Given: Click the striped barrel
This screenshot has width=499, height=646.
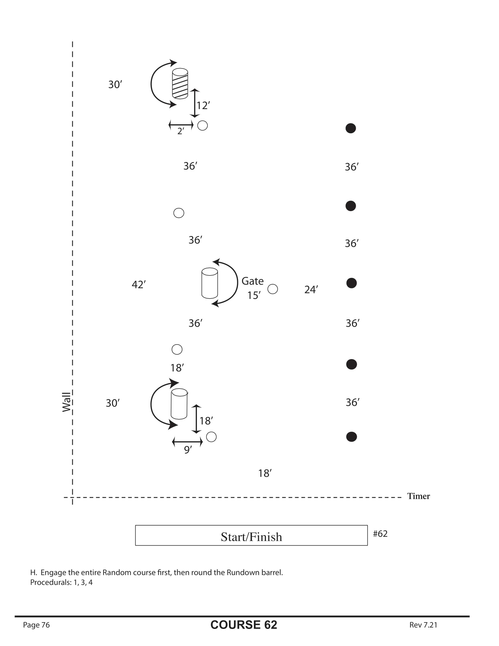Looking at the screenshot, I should pyautogui.click(x=180, y=83).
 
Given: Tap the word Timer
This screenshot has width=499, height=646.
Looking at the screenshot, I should pyautogui.click(x=418, y=496).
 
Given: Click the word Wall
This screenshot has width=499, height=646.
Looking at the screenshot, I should pyautogui.click(x=67, y=402).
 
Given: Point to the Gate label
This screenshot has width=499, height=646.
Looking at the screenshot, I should pyautogui.click(x=252, y=281).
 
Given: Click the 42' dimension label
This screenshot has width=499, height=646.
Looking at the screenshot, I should pyautogui.click(x=139, y=285).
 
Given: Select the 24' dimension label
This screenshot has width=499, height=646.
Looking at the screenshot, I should pyautogui.click(x=311, y=290).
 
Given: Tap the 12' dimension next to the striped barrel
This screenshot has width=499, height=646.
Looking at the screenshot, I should pyautogui.click(x=203, y=105).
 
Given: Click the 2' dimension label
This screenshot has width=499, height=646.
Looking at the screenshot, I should pyautogui.click(x=181, y=131).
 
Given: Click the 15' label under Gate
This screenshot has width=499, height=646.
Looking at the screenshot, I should pyautogui.click(x=254, y=295).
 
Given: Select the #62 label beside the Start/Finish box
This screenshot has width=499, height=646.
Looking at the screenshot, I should pyautogui.click(x=380, y=534).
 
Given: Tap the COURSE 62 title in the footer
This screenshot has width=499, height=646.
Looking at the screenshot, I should pyautogui.click(x=244, y=625).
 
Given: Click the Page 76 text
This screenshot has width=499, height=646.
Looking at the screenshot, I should pyautogui.click(x=36, y=625).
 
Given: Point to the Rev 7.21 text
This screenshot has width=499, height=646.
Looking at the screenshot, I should pyautogui.click(x=423, y=625).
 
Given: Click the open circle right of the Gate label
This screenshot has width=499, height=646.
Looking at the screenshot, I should pyautogui.click(x=273, y=289).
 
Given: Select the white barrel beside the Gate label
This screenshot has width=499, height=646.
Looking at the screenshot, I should pyautogui.click(x=210, y=283).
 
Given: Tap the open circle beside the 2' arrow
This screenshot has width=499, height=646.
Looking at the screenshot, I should pyautogui.click(x=203, y=125).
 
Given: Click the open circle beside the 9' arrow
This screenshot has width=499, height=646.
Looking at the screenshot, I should pyautogui.click(x=211, y=437).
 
